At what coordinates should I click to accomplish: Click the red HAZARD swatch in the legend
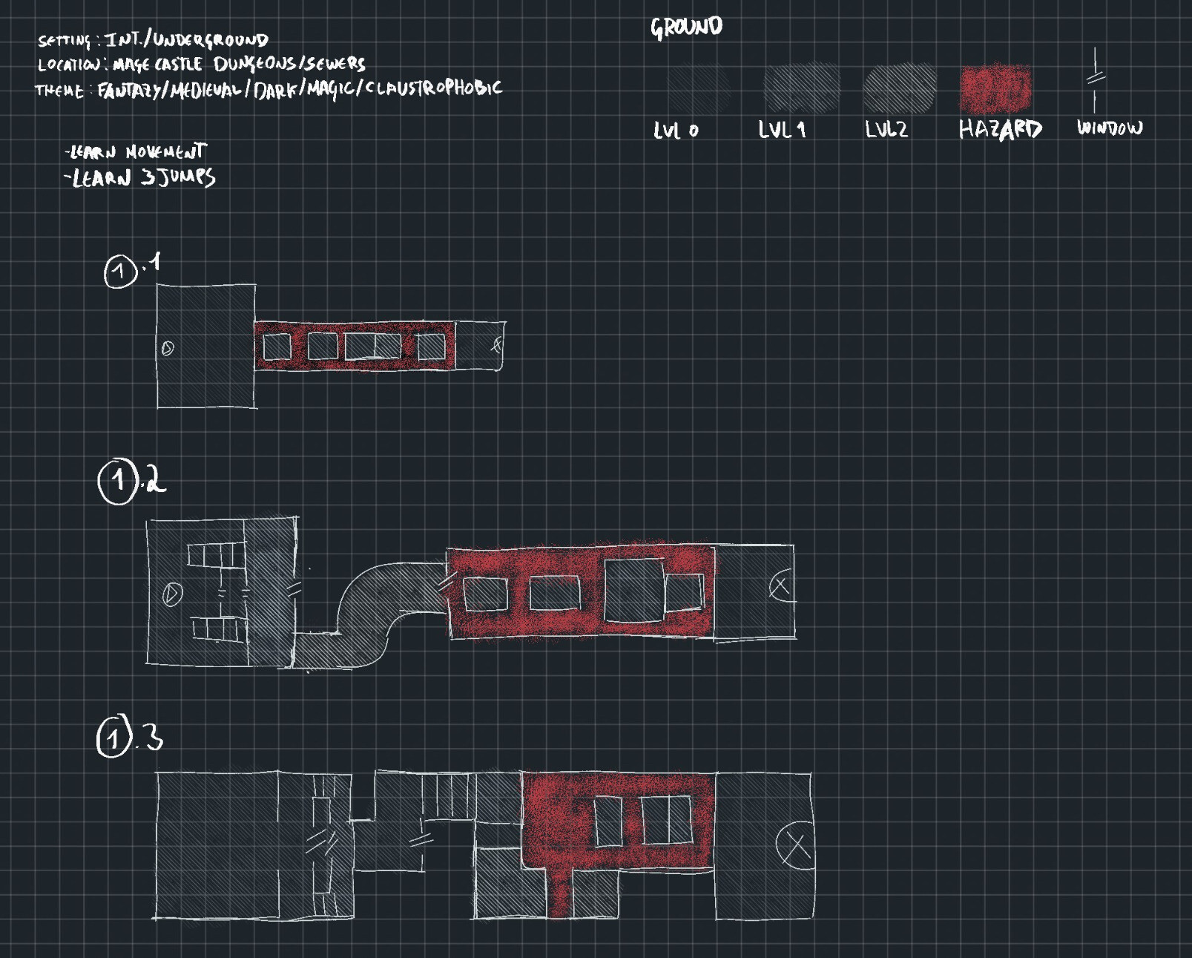point(995,88)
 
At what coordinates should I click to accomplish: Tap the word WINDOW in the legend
point(1110,128)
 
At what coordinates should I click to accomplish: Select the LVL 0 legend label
point(676,131)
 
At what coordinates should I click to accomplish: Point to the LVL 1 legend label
point(782,131)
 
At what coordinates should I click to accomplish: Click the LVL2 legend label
point(886,130)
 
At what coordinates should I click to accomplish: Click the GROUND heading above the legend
point(686,27)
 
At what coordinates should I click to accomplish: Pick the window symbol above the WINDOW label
point(1096,79)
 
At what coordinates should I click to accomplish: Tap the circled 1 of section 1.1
point(120,272)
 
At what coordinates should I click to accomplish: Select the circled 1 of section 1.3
point(113,738)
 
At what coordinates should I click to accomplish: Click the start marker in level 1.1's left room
point(168,348)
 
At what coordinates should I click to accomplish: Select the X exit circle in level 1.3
point(795,845)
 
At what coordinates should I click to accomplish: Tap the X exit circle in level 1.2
point(780,586)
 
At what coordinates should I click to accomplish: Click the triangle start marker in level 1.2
point(172,594)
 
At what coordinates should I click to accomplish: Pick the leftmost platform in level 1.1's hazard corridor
point(277,347)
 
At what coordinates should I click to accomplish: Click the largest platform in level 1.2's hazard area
point(634,591)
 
